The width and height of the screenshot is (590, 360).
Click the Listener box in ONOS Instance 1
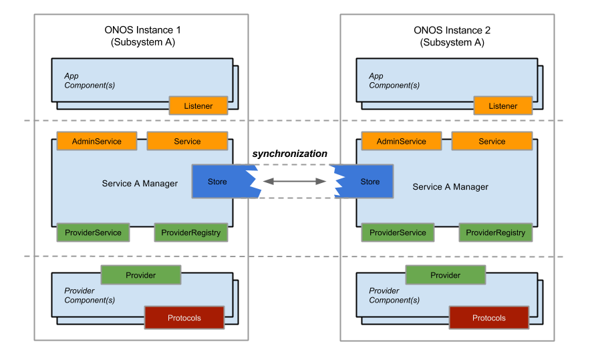pos(198,106)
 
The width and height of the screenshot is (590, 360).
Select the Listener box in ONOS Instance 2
pos(503,106)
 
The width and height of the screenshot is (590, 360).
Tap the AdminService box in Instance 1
pos(97,142)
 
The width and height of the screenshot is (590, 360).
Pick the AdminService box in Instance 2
pos(402,142)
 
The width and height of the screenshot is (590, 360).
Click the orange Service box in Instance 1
pos(187,142)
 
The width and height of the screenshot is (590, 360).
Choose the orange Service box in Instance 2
pos(492,142)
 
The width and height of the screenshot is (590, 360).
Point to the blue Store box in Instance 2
pos(368,182)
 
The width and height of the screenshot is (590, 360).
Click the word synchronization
pos(290,154)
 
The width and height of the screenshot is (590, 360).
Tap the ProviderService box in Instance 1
pos(93,232)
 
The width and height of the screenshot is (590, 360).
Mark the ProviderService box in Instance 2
pos(398,232)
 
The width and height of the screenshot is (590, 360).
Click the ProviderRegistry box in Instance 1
pos(191,232)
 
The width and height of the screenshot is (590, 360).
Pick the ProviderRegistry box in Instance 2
pos(496,232)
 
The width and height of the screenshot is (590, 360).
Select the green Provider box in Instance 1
pos(140,275)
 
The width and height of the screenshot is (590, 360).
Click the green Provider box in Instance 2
pos(445,275)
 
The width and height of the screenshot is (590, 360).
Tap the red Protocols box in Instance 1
pos(184,318)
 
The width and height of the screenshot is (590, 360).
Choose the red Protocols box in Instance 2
pos(489,318)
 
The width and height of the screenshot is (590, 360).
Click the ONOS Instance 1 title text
pos(142,30)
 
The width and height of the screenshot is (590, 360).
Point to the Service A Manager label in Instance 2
pos(450,187)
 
